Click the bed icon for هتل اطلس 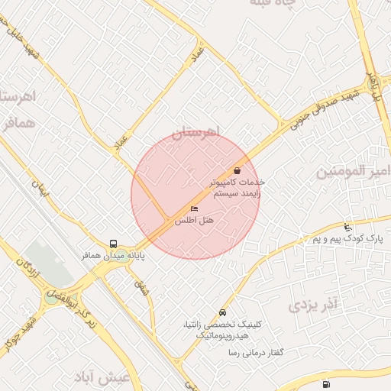tap(194, 208)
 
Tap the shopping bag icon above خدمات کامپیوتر tap(238, 171)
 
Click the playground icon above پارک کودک tap(348, 228)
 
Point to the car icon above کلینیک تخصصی tap(222, 312)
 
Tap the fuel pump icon tap(327, 384)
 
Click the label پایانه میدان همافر tap(114, 255)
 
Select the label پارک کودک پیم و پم tap(348, 239)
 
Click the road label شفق tap(141, 288)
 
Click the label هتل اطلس tap(194, 220)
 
